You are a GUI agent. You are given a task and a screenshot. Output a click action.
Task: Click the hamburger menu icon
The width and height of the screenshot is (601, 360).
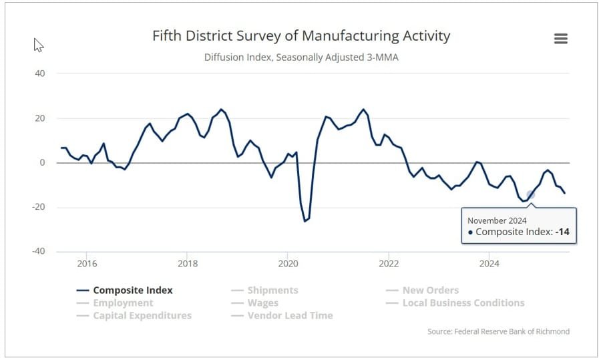tap(561, 39)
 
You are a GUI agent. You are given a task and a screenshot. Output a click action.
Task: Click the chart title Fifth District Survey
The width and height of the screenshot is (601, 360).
tap(301, 35)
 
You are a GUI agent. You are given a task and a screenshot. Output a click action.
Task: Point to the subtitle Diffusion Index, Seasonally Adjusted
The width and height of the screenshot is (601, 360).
tap(301, 57)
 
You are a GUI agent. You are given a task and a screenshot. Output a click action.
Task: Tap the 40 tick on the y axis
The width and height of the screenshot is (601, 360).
tap(39, 73)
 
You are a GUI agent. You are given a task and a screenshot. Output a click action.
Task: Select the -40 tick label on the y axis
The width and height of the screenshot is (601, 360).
tap(38, 251)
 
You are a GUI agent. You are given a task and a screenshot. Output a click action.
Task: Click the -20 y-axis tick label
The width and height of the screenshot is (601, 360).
tap(38, 207)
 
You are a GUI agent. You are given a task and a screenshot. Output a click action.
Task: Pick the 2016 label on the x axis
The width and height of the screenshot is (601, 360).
tap(87, 263)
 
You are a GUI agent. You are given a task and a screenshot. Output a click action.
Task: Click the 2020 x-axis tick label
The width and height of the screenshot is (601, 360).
tap(288, 263)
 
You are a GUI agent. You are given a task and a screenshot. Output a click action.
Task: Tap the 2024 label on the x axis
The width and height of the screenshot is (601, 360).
tap(489, 263)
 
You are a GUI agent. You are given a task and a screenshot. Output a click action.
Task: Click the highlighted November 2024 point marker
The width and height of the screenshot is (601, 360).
tap(531, 195)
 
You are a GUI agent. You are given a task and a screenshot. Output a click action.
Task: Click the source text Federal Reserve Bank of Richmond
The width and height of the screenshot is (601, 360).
tap(498, 331)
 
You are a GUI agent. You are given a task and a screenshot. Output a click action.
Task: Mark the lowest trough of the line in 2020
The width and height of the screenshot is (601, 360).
tap(305, 221)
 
